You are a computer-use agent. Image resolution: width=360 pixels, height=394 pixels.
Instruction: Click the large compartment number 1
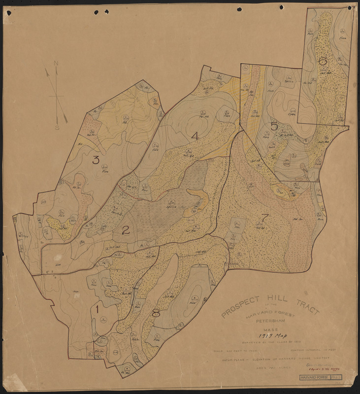click(x=98, y=310)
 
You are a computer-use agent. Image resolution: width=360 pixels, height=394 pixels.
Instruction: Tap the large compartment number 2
click(x=126, y=230)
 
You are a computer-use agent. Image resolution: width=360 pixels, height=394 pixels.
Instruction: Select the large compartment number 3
click(x=96, y=160)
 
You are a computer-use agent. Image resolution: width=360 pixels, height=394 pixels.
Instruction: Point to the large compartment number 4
click(x=195, y=136)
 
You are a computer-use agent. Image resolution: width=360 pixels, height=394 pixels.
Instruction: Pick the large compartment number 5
click(x=274, y=127)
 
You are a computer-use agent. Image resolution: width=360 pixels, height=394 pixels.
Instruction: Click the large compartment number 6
click(x=323, y=62)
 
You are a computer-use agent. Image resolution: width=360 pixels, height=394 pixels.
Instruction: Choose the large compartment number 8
click(x=156, y=312)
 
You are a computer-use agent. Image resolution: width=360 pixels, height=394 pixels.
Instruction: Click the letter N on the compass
click(x=56, y=64)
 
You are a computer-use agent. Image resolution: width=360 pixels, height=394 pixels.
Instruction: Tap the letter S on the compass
click(x=57, y=128)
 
